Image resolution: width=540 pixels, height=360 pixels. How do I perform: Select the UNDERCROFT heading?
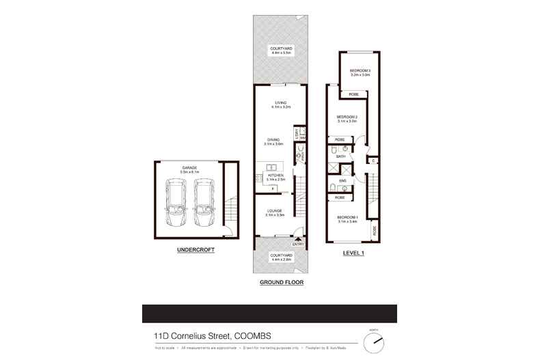(x=196, y=250)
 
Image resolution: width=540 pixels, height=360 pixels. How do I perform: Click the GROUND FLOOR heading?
(x=281, y=281)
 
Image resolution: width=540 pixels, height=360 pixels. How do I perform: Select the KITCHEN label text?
(x=275, y=176)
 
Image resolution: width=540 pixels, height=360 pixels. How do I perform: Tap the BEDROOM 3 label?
(x=360, y=71)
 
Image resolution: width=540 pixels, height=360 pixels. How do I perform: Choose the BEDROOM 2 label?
(x=348, y=117)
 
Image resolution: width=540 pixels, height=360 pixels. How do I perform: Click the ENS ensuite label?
(x=342, y=180)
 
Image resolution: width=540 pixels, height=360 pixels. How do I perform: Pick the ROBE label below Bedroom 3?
(x=353, y=94)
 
